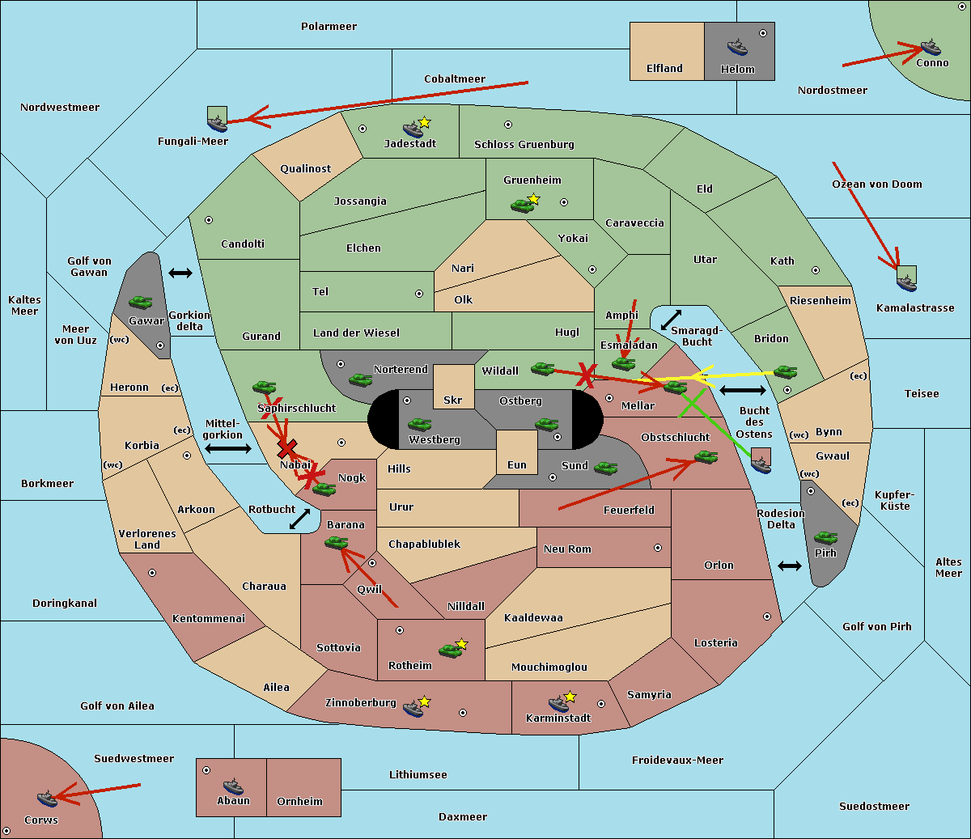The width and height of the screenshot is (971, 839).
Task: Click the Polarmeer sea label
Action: coord(329,27)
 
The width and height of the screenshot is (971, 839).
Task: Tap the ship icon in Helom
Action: coord(736,47)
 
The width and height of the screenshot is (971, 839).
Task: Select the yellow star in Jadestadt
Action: coord(425,122)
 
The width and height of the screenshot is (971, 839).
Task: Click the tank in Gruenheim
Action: coord(522,206)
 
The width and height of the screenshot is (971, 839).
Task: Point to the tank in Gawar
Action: coord(140,303)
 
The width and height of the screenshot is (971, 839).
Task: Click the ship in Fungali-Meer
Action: coord(217,123)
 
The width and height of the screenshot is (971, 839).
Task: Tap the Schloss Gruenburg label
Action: coord(524,145)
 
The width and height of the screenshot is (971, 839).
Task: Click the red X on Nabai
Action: coord(286,448)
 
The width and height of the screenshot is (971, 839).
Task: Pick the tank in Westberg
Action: coord(419,424)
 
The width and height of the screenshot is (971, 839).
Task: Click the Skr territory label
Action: coord(452,400)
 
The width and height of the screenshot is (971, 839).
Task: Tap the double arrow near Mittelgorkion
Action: coord(229,448)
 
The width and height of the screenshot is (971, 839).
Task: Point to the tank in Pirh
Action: coord(825,537)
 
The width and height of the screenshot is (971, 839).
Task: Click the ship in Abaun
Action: coord(233,786)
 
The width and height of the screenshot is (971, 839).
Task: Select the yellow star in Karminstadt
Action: coord(570,697)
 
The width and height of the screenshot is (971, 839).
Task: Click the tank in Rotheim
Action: coord(450,650)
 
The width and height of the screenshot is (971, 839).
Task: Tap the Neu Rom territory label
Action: coord(567,549)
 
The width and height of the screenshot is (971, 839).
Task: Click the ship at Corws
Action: coord(47,799)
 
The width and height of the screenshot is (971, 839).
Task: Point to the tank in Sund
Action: coord(605,468)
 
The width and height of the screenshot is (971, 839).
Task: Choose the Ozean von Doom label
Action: coord(876,184)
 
